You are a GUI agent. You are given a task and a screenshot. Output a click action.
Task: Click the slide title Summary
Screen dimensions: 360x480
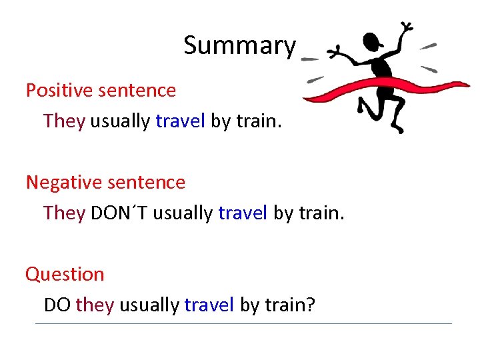239,46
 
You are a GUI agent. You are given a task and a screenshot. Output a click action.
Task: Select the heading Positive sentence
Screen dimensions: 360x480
101,90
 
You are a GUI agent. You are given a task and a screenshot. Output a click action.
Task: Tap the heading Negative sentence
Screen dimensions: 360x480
105,181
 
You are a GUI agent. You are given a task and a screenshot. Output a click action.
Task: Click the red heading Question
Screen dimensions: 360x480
65,274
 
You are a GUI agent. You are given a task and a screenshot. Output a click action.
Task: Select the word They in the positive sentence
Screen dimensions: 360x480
64,121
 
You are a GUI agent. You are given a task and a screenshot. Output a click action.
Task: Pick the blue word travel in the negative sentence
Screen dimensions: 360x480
243,213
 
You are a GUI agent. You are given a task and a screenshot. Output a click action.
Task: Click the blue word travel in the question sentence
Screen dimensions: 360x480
209,305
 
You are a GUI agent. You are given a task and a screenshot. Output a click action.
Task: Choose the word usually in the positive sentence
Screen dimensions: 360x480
120,121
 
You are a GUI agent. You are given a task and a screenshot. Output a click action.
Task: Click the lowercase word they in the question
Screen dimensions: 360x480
95,305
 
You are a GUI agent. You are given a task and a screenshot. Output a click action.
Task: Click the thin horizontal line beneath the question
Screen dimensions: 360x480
243,324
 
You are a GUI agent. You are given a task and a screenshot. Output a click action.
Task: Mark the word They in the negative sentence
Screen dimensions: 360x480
64,213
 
